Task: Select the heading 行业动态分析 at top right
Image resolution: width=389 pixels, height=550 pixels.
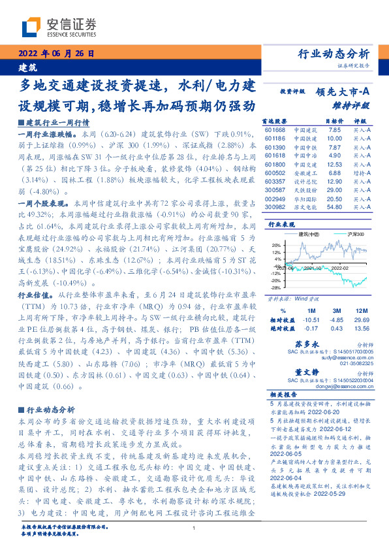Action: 333,54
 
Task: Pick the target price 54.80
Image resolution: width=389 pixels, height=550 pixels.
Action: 334,207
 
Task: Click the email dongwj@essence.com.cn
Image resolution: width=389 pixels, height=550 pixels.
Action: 347,386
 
